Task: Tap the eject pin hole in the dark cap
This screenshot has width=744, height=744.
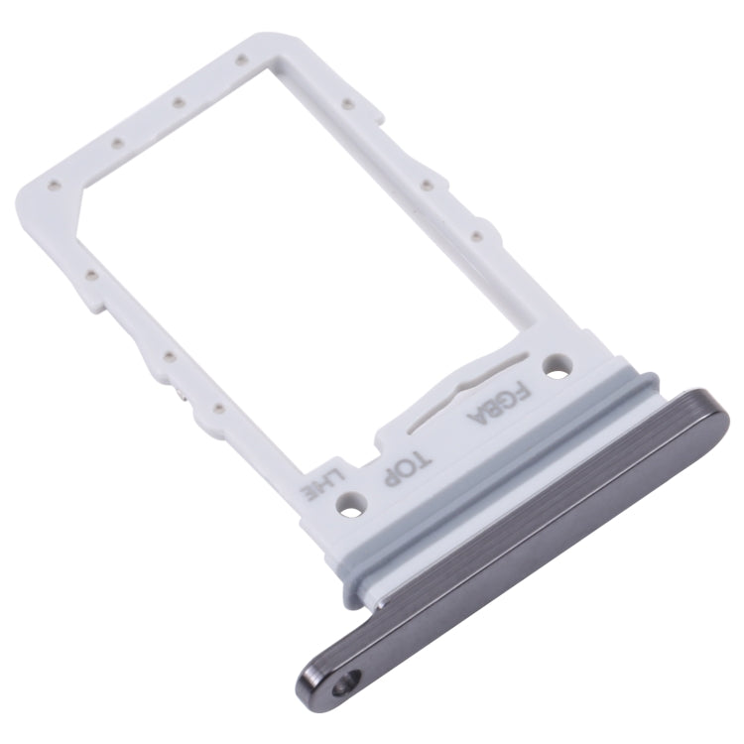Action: click(343, 683)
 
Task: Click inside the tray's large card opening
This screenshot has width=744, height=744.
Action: click(327, 248)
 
